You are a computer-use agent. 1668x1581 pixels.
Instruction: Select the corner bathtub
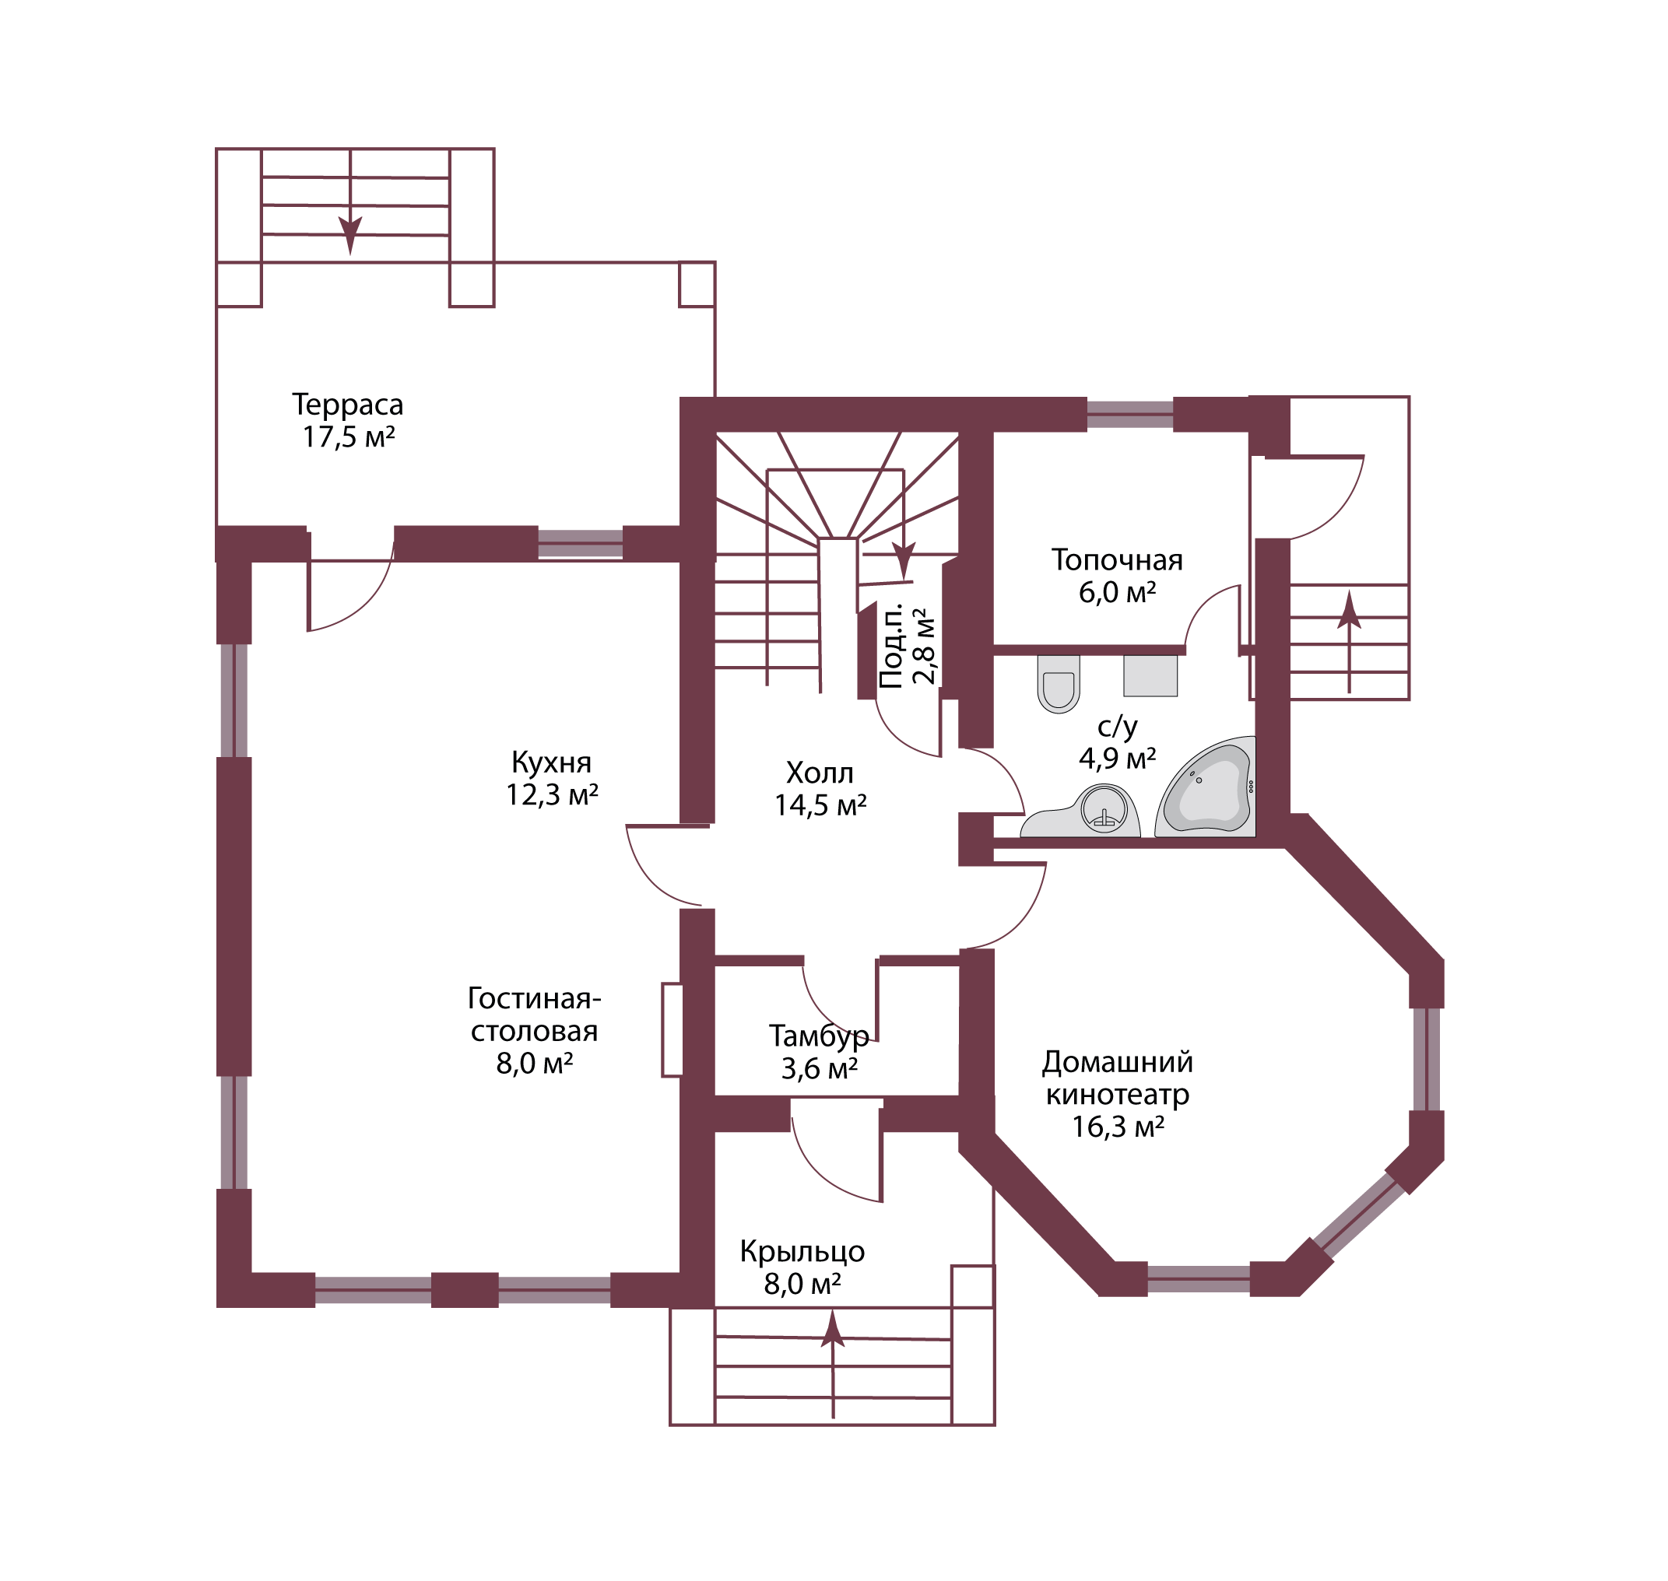point(1207,789)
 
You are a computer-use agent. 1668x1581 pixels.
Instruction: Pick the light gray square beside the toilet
point(1150,676)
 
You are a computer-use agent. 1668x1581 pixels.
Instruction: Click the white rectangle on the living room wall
point(672,1030)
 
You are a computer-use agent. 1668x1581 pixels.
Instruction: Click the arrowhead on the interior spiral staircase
point(903,559)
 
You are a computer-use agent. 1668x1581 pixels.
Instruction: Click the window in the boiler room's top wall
point(1129,415)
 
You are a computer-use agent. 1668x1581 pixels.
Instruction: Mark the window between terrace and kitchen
point(580,544)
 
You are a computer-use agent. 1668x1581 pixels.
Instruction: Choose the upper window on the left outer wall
point(234,700)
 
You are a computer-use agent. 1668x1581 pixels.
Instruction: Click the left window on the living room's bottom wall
point(374,1290)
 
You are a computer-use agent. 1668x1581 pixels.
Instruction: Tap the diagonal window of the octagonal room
point(1359,1215)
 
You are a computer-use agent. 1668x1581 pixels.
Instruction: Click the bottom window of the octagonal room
point(1198,1279)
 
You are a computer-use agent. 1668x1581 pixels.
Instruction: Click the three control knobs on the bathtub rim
point(1251,787)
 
